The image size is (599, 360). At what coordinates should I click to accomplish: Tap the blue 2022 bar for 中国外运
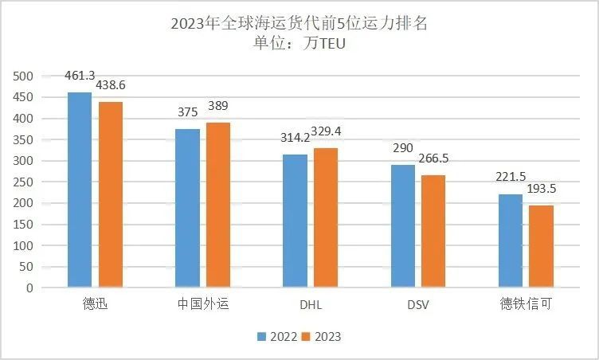point(187,208)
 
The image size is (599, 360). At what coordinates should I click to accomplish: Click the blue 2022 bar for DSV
point(402,226)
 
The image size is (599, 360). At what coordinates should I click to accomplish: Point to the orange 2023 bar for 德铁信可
point(542,246)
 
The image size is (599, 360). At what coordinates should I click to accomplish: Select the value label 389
point(219,105)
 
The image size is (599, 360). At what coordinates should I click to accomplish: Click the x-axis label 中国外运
point(202,305)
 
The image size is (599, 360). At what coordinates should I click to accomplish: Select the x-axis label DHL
point(311,305)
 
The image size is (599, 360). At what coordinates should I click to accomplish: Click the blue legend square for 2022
point(262,337)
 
